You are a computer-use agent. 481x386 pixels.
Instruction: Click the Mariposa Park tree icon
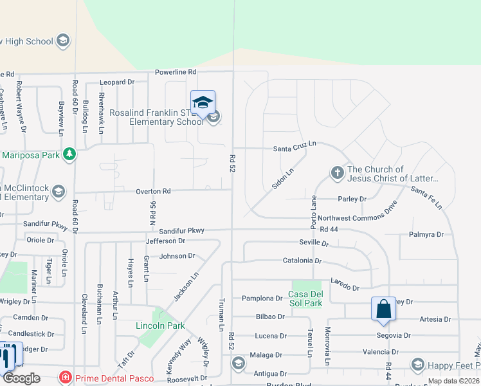point(69,154)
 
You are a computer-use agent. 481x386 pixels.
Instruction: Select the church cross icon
point(336,172)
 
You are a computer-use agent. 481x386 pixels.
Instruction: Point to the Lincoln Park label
point(161,326)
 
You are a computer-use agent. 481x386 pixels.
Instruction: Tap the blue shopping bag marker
point(383,309)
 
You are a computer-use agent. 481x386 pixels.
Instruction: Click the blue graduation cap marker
point(203,102)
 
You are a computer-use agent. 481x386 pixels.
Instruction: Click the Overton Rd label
point(153,191)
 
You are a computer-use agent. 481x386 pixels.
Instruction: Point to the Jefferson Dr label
point(165,241)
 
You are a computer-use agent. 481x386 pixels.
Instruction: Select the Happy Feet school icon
point(417,365)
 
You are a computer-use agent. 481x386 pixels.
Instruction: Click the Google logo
point(21,378)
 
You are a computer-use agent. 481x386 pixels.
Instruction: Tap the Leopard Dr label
point(117,82)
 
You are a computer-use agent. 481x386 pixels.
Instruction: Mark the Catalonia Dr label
point(302,261)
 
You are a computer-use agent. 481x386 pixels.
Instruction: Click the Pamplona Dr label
point(262,299)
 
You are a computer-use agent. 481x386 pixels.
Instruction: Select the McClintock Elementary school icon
point(59,191)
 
